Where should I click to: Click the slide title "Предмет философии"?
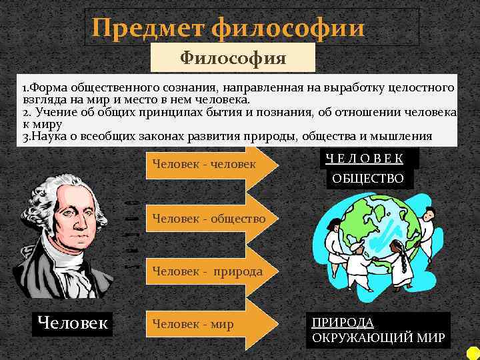tap(229, 27)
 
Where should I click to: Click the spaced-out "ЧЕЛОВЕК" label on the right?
tap(365, 158)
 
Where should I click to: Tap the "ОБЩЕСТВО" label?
tap(369, 178)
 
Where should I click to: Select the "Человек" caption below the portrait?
tap(73, 323)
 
